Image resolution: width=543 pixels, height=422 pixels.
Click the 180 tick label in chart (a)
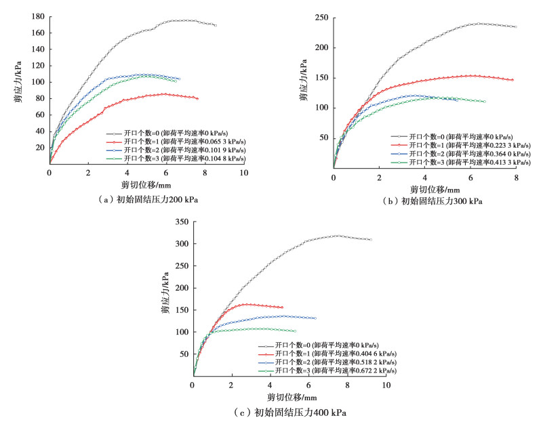pos(37,16)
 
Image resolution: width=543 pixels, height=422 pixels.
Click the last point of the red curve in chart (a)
pos(197,99)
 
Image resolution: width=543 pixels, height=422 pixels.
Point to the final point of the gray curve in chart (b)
pos(516,26)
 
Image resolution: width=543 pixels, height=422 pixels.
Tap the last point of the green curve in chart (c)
pos(295,331)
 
